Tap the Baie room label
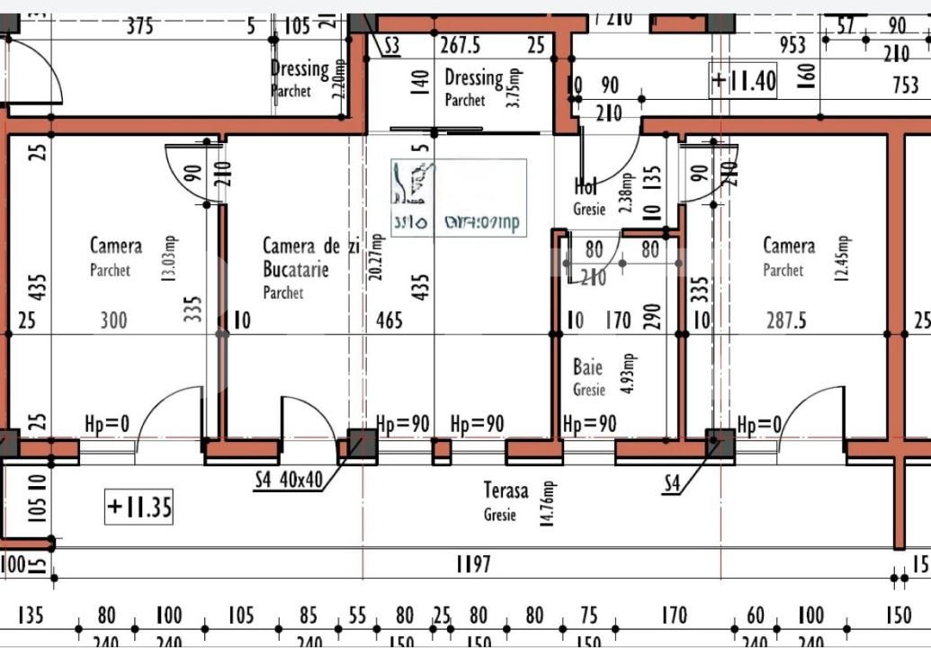tap(588, 367)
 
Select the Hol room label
tap(586, 186)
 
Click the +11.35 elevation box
tap(139, 507)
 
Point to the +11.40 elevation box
tap(743, 82)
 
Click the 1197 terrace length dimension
tap(473, 564)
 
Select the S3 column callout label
tap(392, 46)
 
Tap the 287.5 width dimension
tap(785, 320)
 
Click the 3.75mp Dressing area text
tap(515, 87)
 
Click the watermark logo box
tap(459, 198)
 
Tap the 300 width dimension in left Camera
tap(113, 320)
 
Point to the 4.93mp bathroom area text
tap(629, 374)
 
